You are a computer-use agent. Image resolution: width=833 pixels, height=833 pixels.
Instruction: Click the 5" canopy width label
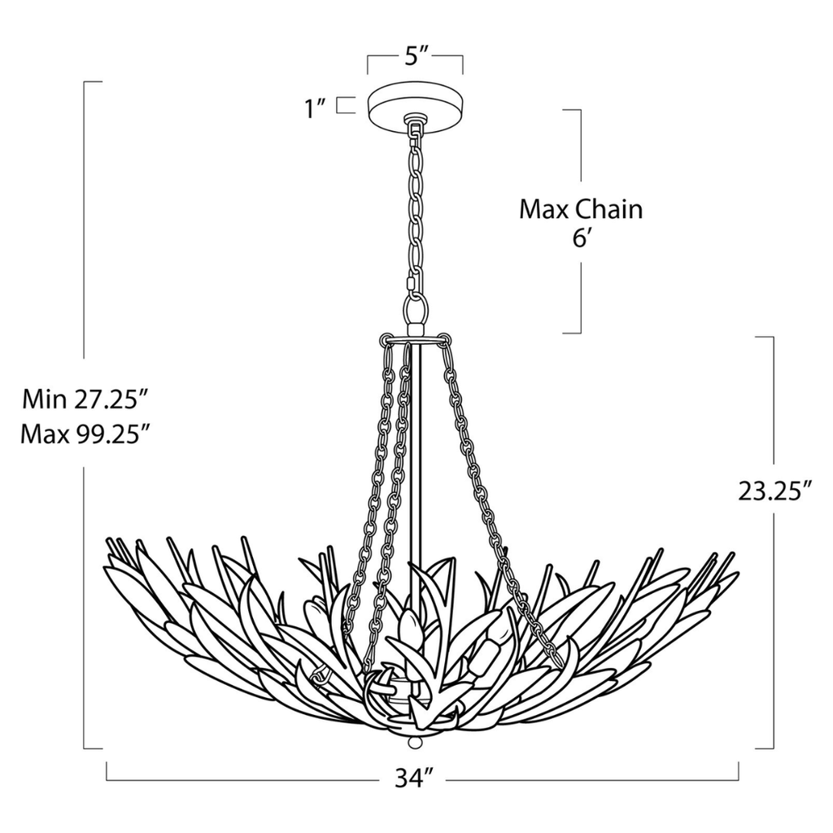[416, 58]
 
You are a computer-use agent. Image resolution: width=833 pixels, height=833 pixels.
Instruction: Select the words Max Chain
[581, 209]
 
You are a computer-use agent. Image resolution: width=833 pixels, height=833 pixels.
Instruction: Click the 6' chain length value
[581, 241]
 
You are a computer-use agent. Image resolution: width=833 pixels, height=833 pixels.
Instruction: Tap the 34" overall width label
[412, 778]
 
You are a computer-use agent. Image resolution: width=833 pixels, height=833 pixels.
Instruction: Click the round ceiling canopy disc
[415, 105]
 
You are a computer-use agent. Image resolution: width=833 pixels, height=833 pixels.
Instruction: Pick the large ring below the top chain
[416, 310]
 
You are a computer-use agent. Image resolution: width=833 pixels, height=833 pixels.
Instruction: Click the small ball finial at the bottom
[415, 744]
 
